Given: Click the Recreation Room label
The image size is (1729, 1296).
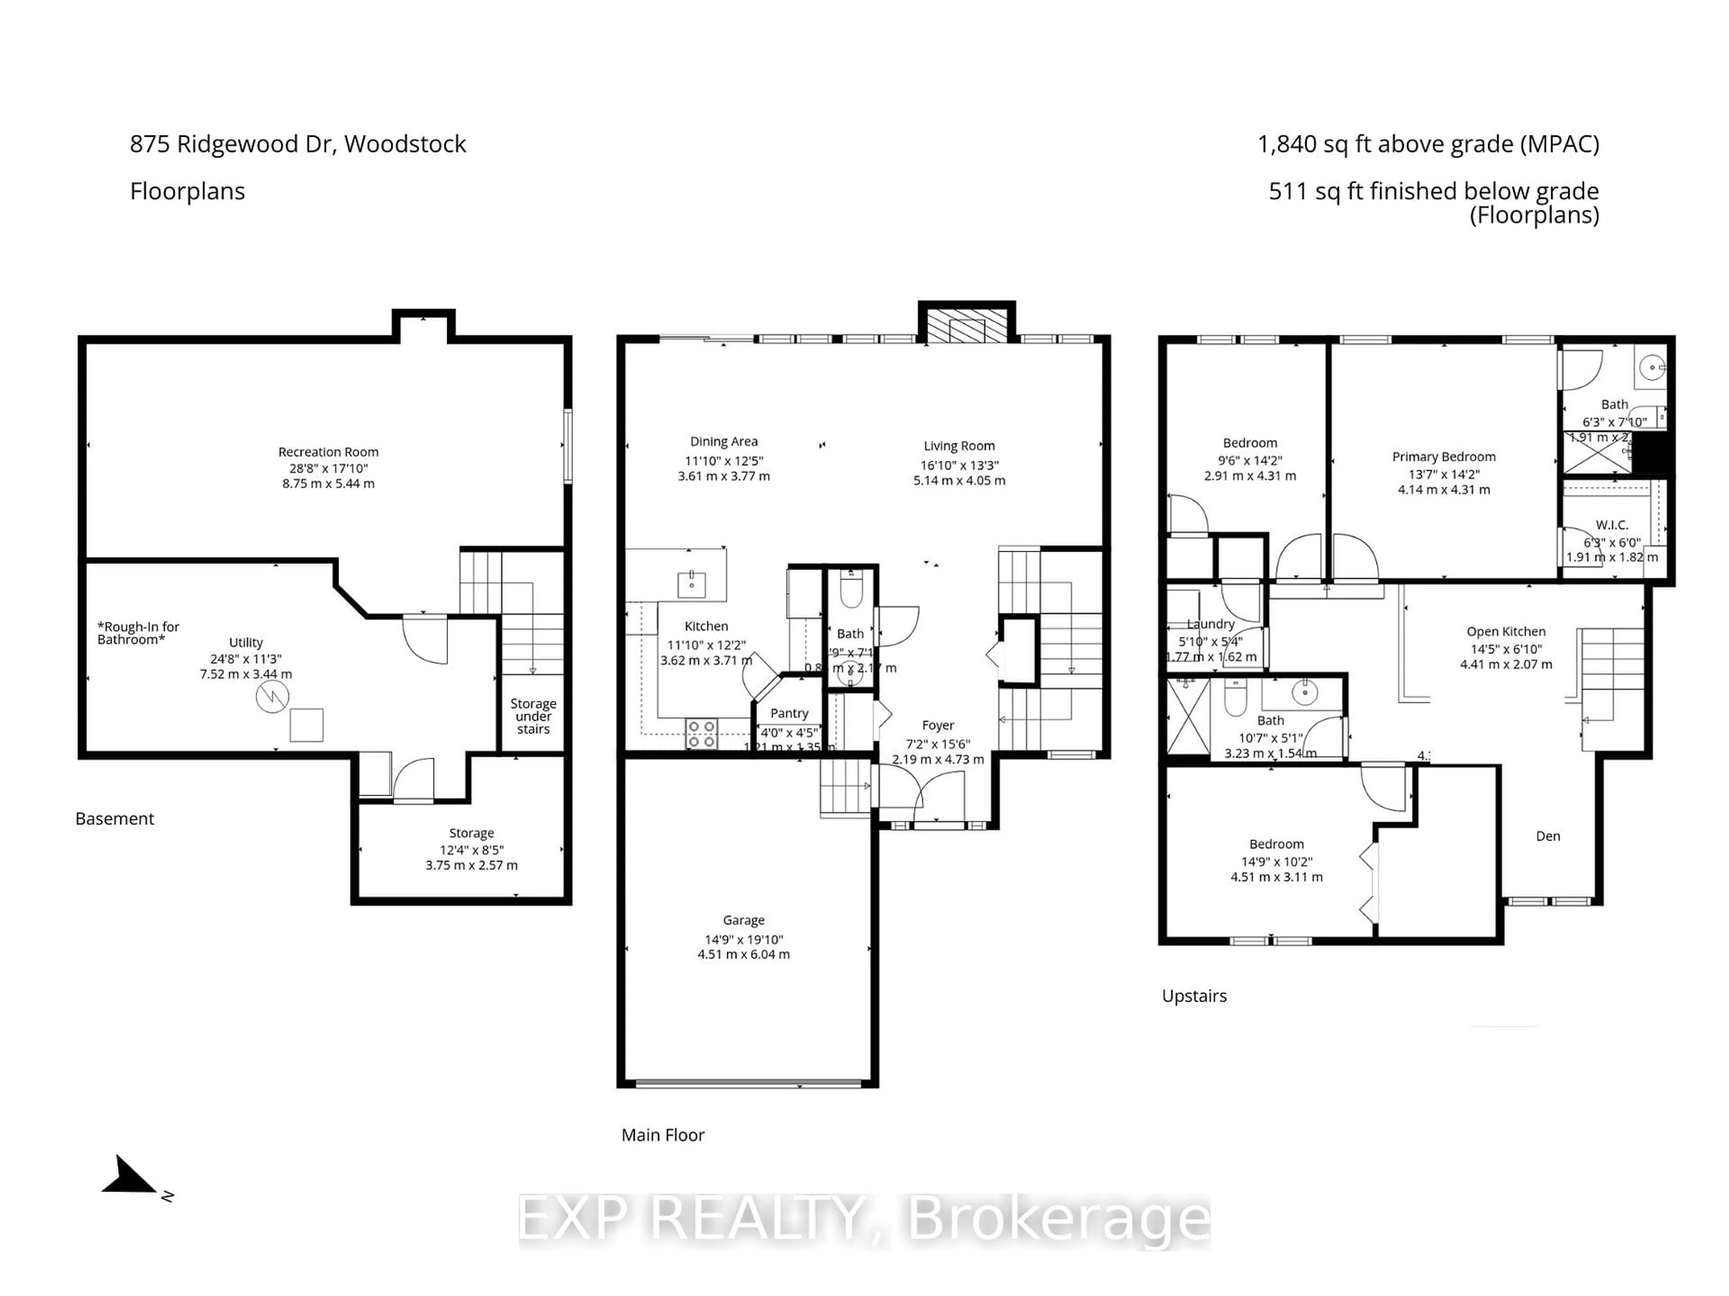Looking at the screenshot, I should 328,451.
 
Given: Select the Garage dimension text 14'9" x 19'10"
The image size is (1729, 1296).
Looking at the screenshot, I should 743,939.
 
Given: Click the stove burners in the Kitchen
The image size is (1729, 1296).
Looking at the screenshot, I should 701,734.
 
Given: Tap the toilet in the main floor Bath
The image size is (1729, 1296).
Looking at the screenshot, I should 851,590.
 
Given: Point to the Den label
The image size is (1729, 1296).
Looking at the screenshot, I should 1548,836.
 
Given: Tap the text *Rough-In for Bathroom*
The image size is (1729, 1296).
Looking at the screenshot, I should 138,633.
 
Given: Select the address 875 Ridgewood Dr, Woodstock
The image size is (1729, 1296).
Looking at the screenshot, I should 298,144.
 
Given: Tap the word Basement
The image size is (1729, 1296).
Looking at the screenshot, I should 115,819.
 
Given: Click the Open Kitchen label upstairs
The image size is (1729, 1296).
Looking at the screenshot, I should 1506,631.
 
